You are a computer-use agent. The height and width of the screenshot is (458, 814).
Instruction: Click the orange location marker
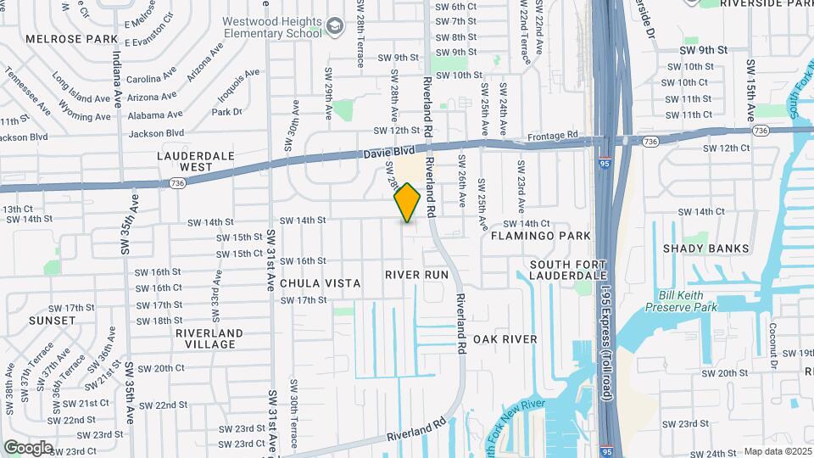(x=408, y=203)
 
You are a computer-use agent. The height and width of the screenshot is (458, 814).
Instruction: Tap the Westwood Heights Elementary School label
(x=272, y=27)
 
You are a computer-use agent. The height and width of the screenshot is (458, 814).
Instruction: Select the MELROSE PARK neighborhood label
(x=71, y=39)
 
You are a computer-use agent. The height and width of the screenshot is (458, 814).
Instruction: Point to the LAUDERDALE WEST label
(x=184, y=161)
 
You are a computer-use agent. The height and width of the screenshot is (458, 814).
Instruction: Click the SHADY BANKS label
(x=706, y=249)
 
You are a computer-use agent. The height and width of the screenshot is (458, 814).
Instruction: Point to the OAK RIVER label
(x=505, y=339)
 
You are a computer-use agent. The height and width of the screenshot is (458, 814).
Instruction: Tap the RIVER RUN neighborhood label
(x=416, y=275)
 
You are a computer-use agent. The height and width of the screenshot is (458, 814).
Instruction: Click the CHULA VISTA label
(x=320, y=283)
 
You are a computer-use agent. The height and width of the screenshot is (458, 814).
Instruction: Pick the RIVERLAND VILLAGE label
(x=205, y=338)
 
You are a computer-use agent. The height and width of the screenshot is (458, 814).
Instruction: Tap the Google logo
(x=28, y=448)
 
